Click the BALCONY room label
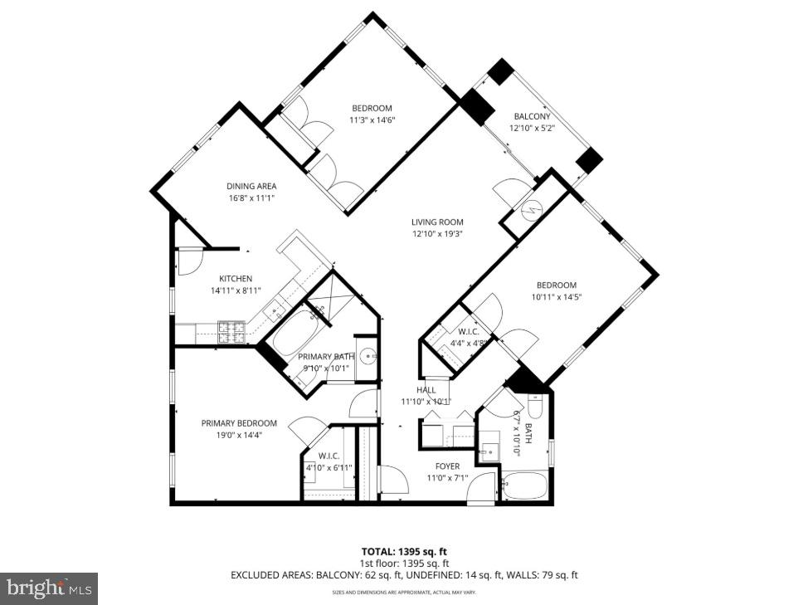tap(532, 116)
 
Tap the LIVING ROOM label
tap(437, 222)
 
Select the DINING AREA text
tap(251, 186)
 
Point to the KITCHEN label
tap(236, 279)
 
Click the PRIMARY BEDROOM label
tap(239, 423)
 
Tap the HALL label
tap(426, 390)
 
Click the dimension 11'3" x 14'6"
tap(372, 120)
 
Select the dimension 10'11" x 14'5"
tap(554, 296)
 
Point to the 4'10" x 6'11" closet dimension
tap(329, 467)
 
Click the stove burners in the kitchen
tap(232, 333)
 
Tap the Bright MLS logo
tap(49, 588)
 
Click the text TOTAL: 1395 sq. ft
tap(404, 551)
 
